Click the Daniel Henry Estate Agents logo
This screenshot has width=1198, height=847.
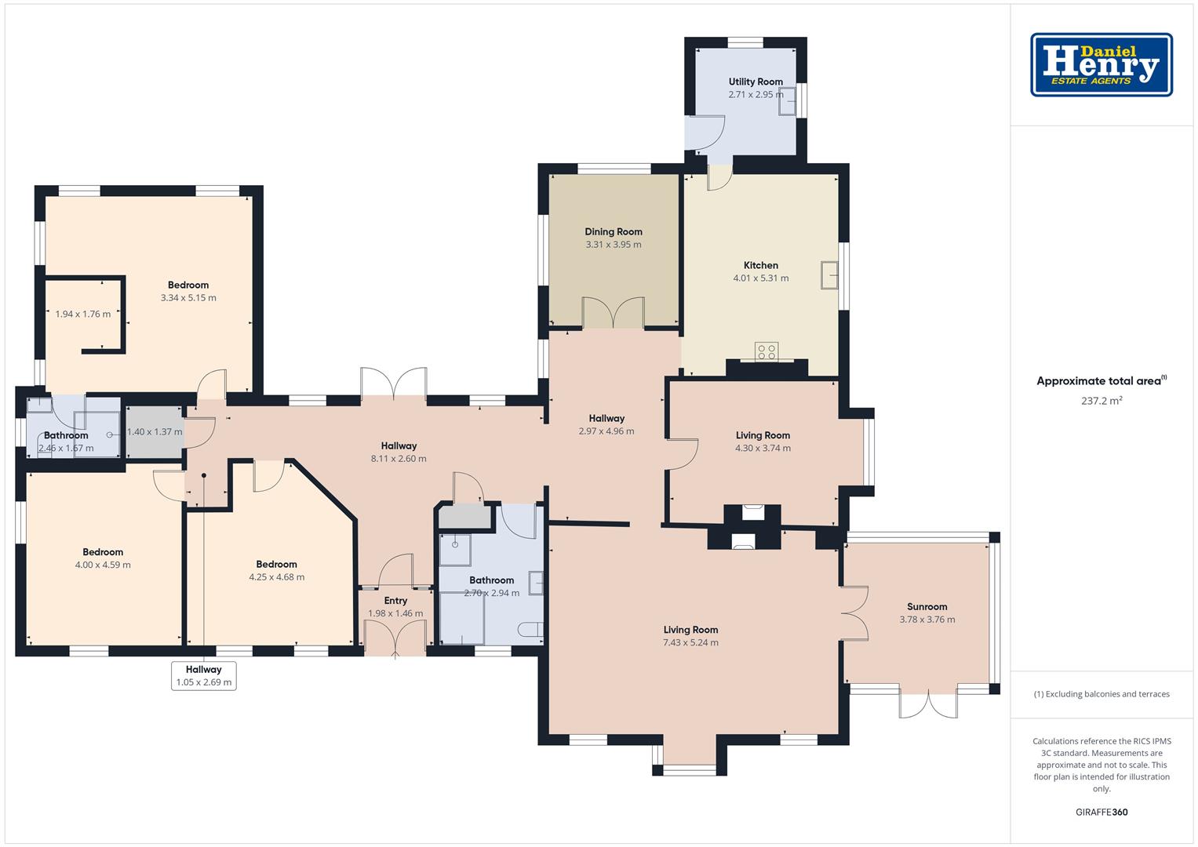coord(1102,64)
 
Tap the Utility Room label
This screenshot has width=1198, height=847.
coord(756,82)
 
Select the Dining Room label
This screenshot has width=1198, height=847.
coord(614,231)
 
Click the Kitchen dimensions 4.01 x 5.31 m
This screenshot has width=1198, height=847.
coord(760,278)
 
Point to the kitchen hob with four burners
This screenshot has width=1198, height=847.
coord(767,351)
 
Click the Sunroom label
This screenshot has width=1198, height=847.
coord(927,607)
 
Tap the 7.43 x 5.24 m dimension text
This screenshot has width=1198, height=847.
coord(690,643)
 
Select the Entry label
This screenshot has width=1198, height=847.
coord(395,601)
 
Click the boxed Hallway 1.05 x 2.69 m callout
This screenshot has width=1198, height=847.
coord(204,676)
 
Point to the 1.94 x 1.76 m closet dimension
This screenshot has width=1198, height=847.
coord(83,314)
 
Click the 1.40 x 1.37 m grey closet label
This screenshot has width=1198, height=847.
coord(155,431)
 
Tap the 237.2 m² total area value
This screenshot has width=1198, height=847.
coord(1102,401)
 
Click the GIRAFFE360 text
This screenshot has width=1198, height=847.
coord(1102,812)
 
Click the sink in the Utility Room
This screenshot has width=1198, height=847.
coord(787,102)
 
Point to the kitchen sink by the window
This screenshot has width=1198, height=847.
coord(829,274)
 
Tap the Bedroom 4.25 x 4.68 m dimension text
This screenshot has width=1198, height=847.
coord(276,577)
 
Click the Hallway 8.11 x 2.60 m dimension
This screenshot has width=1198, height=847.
coord(399,458)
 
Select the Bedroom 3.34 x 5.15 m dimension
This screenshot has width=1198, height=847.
coord(188,298)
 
